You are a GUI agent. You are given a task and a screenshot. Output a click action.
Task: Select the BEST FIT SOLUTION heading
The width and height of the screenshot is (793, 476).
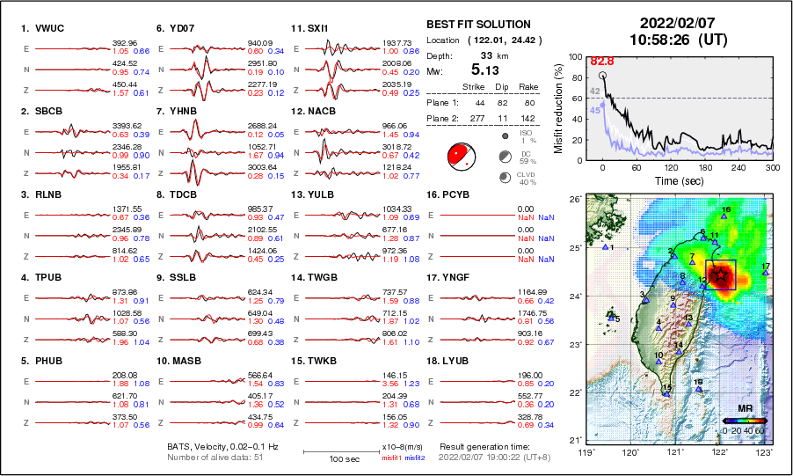coord(478,25)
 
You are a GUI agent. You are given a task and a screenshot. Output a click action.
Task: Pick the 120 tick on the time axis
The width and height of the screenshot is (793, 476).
coord(671,167)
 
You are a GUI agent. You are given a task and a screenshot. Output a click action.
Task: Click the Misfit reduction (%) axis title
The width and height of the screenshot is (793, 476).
coord(559,108)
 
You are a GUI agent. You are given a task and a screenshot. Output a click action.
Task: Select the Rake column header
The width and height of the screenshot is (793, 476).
coord(527,86)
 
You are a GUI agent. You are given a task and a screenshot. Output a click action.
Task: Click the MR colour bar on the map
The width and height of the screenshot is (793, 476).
coord(745,421)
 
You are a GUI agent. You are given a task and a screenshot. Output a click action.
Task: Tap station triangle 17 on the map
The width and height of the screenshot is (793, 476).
coord(766,273)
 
